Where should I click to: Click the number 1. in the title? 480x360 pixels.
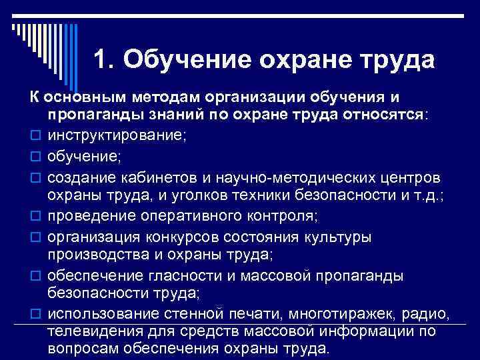pyautogui.click(x=106, y=61)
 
